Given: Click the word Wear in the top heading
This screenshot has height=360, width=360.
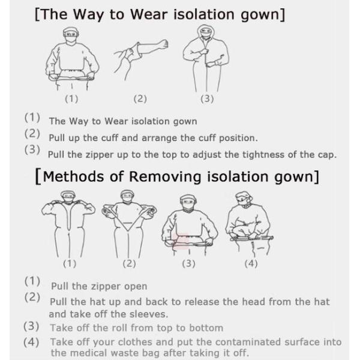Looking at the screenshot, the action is [x=149, y=14].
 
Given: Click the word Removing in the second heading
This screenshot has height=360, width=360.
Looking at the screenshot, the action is [x=165, y=177].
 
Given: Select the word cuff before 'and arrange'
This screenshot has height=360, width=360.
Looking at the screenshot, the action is [x=110, y=138].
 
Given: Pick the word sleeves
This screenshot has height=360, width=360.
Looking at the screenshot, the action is [x=149, y=314].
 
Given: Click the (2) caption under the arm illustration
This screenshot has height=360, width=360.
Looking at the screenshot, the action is [x=140, y=99].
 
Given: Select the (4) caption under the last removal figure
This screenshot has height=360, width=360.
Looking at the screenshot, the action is [x=251, y=263].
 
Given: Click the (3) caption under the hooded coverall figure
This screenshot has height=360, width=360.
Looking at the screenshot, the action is [x=207, y=99].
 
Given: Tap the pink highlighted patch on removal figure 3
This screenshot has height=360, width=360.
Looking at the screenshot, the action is [x=181, y=241].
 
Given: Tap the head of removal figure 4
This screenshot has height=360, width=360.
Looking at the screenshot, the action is [x=244, y=199].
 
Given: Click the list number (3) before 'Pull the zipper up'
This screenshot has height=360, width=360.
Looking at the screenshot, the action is [x=32, y=149].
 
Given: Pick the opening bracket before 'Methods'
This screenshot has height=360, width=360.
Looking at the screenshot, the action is [x=38, y=176].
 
